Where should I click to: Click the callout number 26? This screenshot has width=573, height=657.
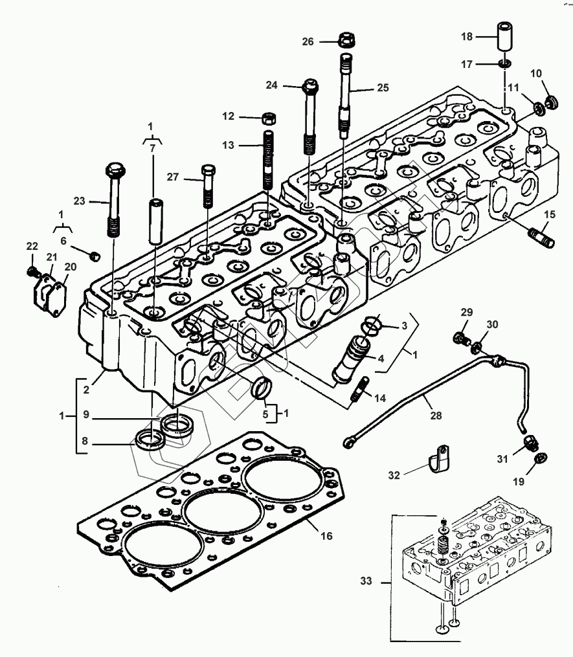click(308, 41)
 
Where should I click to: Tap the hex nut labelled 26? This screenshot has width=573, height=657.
click(346, 39)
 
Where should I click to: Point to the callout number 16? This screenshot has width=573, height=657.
click(326, 535)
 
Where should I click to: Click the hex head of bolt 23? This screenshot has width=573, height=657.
click(116, 170)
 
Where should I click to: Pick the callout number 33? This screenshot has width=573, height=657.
click(366, 581)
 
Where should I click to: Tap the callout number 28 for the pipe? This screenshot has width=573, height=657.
click(436, 415)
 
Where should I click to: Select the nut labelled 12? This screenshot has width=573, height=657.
click(268, 118)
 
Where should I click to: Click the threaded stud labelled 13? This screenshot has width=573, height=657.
click(269, 160)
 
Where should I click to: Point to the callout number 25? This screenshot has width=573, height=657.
click(383, 87)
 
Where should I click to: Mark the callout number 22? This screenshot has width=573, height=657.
click(32, 247)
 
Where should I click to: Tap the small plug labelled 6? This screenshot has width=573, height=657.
click(96, 255)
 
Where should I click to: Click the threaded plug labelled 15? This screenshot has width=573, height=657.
click(543, 236)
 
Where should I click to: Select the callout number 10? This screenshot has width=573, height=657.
click(536, 73)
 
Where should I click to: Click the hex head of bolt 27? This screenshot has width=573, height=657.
click(209, 171)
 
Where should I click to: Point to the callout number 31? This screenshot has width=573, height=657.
click(502, 459)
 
